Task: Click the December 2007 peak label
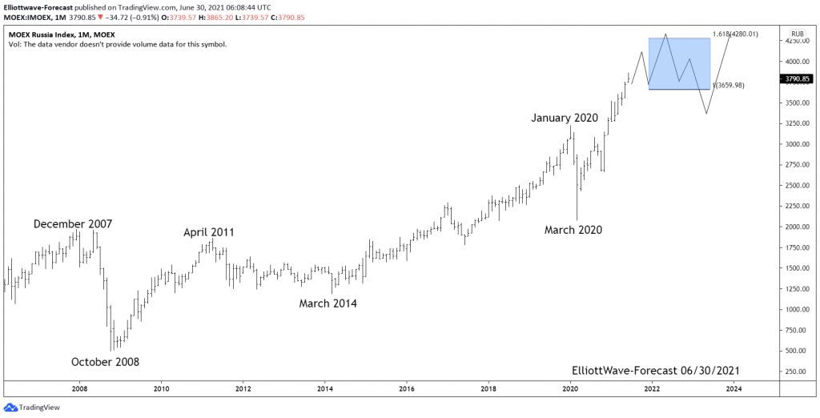pos(73,224)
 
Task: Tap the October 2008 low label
pos(105,362)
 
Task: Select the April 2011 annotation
pos(209,232)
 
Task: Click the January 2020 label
pos(565,118)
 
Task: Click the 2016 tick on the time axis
pos(406,388)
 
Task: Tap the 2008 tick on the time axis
pos(79,388)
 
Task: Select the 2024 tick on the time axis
pos(734,388)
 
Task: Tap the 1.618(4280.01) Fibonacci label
pos(734,34)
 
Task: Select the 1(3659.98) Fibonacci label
pos(730,85)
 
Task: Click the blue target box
pos(679,63)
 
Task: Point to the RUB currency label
pos(797,34)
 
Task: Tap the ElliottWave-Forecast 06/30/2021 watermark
pos(656,371)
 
